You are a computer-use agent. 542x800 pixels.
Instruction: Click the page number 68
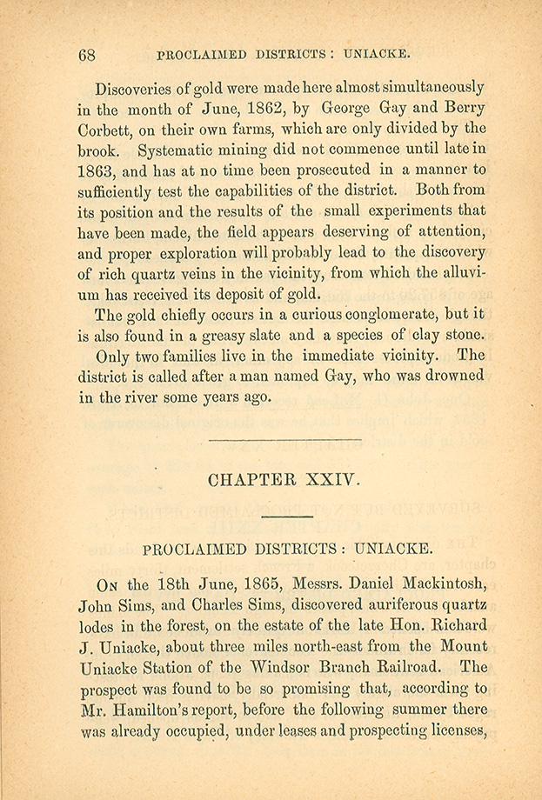86,54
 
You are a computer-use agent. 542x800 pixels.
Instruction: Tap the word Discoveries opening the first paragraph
140,89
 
